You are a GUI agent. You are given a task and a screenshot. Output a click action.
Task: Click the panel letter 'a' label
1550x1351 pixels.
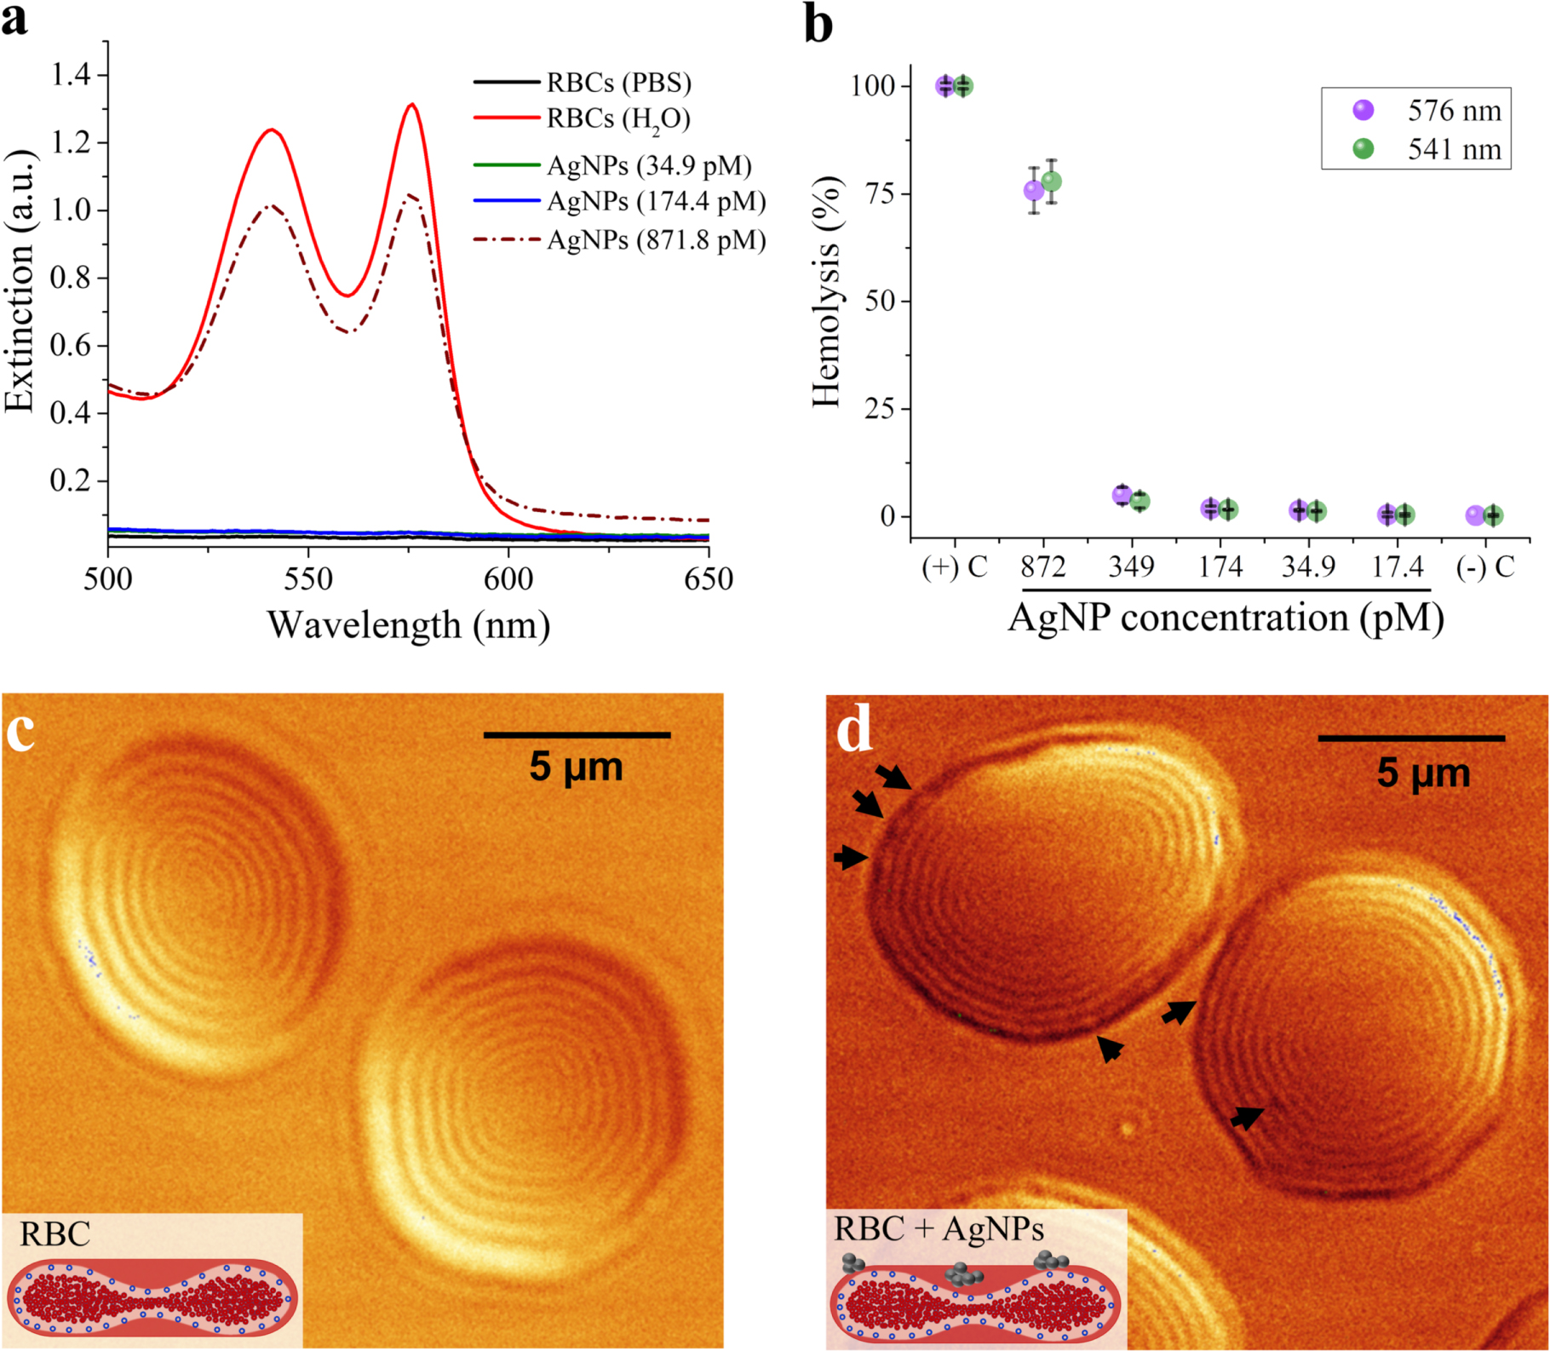pos(14,20)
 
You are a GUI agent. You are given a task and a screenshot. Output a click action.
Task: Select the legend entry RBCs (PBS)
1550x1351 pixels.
pos(618,83)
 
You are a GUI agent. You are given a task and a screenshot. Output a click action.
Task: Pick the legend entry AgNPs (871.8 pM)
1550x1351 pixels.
pos(656,240)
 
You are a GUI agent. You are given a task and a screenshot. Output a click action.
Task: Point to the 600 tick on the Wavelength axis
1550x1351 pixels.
pos(508,579)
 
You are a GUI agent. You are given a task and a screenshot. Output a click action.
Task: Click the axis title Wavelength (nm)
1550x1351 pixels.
pos(409,625)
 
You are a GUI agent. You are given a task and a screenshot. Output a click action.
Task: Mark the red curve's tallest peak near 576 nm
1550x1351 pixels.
pos(412,105)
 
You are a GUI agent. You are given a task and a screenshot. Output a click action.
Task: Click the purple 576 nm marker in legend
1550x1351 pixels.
pos(1363,111)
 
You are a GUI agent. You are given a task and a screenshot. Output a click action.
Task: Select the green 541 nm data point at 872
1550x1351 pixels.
pos(1052,181)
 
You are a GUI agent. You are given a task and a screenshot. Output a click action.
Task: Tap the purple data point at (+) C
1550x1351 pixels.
pos(945,86)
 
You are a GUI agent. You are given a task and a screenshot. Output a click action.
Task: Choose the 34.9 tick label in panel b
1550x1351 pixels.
pos(1308,567)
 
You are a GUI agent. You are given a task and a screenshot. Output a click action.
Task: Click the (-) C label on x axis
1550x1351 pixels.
pos(1485,567)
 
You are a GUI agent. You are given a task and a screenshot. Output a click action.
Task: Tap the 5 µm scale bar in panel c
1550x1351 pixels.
pos(577,734)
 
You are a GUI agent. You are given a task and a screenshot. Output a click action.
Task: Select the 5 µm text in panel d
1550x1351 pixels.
pos(1423,773)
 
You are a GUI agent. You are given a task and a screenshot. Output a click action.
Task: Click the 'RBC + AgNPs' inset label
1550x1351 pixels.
pos(939,1229)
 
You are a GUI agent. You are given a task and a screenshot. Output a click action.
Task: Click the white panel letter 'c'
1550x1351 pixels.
pos(20,731)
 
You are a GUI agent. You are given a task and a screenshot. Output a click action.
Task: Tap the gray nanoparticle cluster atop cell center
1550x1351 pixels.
pos(964,1274)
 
